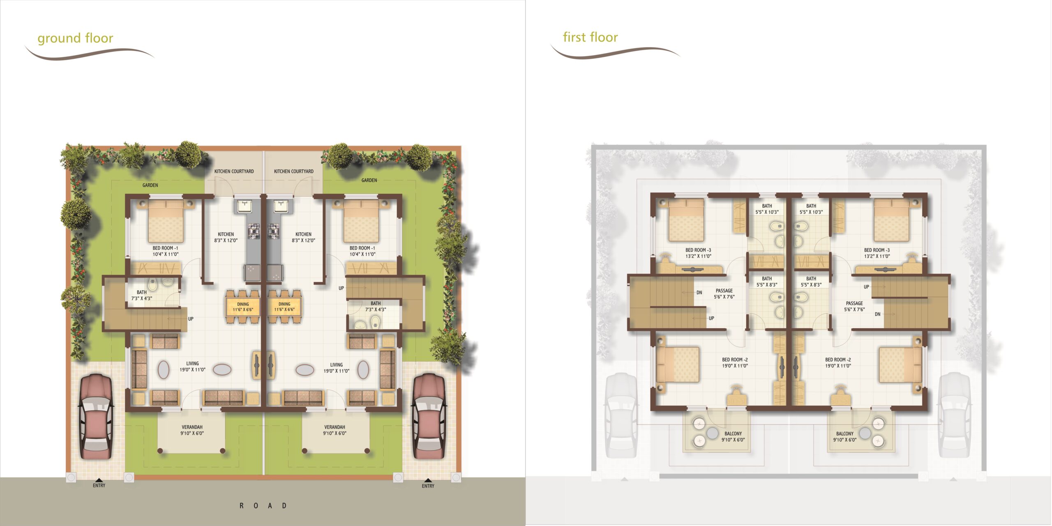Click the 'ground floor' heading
(x=75, y=38)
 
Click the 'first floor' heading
(x=590, y=37)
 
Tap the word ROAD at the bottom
(x=263, y=505)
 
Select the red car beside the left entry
(x=96, y=416)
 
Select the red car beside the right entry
(x=429, y=416)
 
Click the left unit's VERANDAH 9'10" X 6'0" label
(x=192, y=430)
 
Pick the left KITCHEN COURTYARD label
(x=234, y=171)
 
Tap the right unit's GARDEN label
(x=369, y=180)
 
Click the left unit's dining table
(x=243, y=307)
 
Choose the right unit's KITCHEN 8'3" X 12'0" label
(x=303, y=237)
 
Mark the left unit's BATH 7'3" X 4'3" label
(x=142, y=295)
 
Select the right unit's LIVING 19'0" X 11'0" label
(x=336, y=368)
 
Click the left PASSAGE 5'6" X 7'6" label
(x=724, y=294)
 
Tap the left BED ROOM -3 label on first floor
(x=698, y=253)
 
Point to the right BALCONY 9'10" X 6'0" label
(x=845, y=437)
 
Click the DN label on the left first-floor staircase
(x=699, y=293)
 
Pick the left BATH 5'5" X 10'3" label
(x=767, y=209)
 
